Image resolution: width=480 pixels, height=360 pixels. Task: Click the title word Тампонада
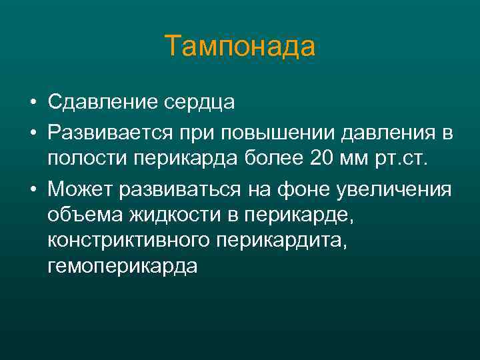[x=240, y=47]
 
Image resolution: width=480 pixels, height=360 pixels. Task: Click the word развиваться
[x=173, y=189]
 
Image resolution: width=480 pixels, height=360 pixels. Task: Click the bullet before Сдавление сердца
[x=32, y=103]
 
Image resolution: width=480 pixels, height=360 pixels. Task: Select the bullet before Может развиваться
[x=32, y=190]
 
